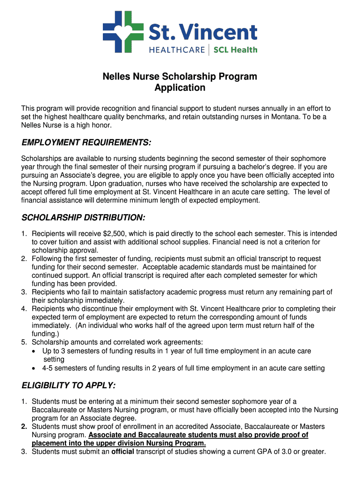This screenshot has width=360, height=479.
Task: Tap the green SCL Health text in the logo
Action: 235,50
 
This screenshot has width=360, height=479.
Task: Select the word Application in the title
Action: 180,87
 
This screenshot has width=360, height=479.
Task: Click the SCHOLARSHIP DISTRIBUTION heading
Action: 84,218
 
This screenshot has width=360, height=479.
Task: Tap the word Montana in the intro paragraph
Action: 281,117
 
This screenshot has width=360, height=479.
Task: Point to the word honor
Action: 100,125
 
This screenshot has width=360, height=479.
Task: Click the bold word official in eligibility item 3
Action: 122,451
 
